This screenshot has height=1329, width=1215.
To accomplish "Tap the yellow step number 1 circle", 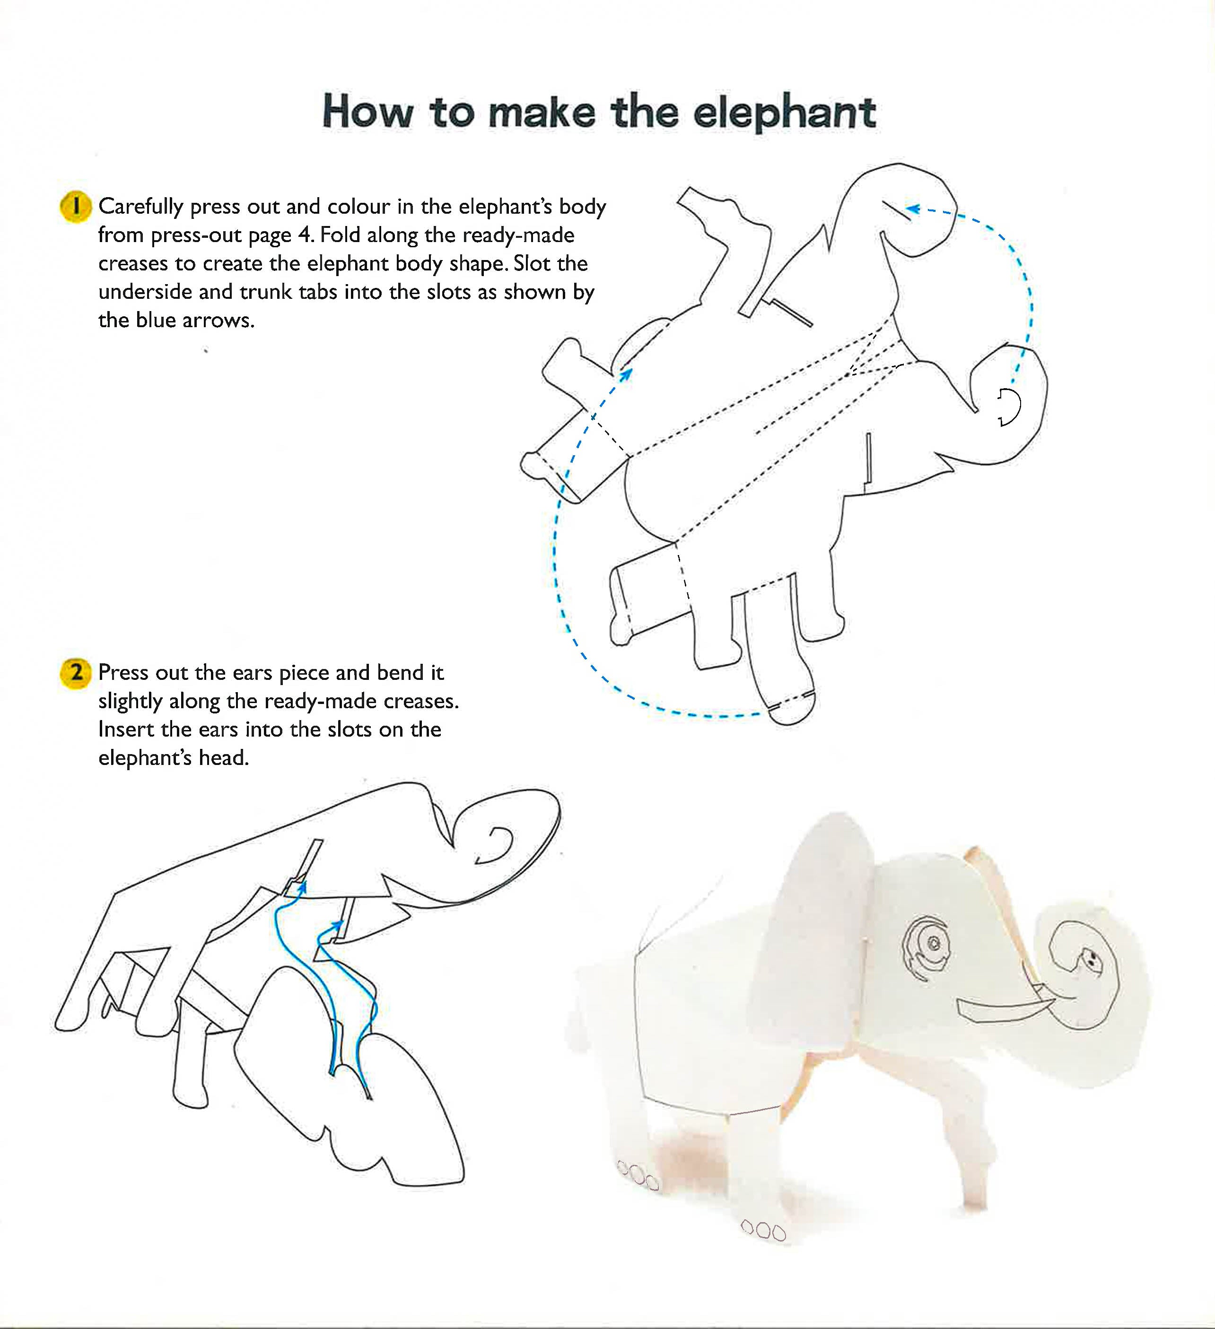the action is [75, 207].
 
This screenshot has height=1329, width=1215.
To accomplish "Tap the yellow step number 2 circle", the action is [75, 673].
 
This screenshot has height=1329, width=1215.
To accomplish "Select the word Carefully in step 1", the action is [140, 208].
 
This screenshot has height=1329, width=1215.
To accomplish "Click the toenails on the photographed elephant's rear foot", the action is [638, 1175].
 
